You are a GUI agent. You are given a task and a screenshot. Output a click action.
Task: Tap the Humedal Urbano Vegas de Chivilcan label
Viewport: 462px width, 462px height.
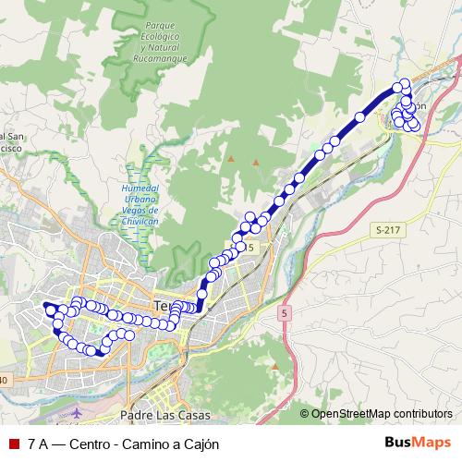click(x=141, y=204)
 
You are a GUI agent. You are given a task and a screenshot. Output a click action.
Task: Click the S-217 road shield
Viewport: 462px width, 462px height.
click(x=388, y=228)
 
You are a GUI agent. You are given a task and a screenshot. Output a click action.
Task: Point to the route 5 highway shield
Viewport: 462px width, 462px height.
click(x=284, y=314)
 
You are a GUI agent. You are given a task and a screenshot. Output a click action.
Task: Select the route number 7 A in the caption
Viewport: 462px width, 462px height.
click(x=38, y=444)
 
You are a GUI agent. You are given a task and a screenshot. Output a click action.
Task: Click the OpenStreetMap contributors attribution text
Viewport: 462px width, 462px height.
click(x=381, y=413)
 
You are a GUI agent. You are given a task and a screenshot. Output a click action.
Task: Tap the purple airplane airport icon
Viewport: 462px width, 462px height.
click(x=76, y=407)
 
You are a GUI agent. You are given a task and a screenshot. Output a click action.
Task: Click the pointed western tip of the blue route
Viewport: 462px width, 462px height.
click(x=44, y=304)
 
